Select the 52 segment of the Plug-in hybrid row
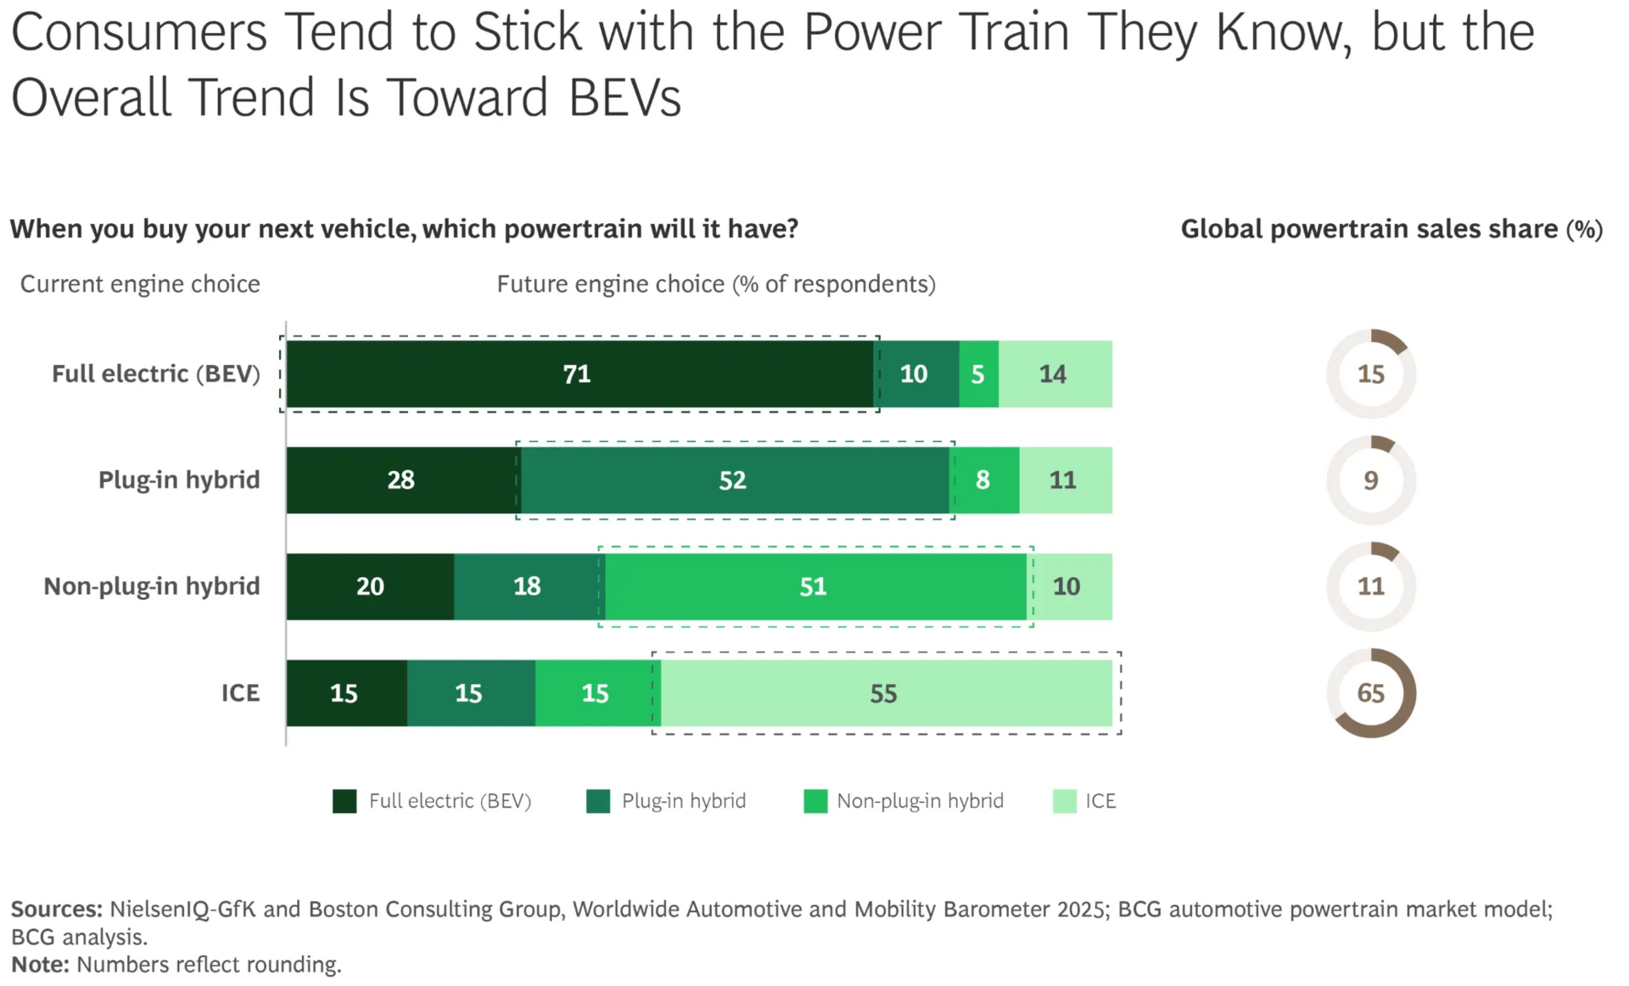(x=734, y=480)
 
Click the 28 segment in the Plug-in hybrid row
(x=401, y=480)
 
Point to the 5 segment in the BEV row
(x=978, y=374)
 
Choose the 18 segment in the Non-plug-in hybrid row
(x=528, y=586)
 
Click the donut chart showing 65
(x=1371, y=693)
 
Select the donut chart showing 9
(x=1371, y=480)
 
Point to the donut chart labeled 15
(x=1371, y=374)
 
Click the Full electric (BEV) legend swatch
(x=344, y=801)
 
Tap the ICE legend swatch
(x=1064, y=801)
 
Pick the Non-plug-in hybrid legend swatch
(x=815, y=801)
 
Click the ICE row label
(x=240, y=693)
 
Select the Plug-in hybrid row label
(x=179, y=480)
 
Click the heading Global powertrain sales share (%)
(x=1391, y=229)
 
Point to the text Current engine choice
(x=140, y=284)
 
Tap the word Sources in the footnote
(x=56, y=909)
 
